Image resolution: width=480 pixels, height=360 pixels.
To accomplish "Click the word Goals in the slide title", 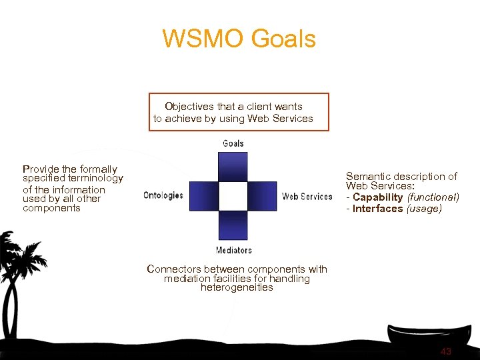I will point(284,39).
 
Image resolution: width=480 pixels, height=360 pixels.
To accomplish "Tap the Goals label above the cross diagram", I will point(233,143).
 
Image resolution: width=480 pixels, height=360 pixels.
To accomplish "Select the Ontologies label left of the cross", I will point(163,196).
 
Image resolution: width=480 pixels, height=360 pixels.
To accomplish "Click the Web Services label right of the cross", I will point(307,196).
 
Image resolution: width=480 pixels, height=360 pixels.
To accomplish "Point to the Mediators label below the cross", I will point(233,250).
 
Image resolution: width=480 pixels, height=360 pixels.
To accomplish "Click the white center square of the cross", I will point(233,196).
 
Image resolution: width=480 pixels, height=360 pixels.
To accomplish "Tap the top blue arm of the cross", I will point(233,167).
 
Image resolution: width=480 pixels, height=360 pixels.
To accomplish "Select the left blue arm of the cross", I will point(203,196).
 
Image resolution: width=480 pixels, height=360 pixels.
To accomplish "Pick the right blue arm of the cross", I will point(263,196).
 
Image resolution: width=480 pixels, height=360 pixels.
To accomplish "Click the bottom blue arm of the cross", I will point(233,225).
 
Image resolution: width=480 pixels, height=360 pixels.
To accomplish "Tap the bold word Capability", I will point(377,197).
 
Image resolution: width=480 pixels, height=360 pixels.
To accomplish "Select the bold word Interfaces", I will point(377,209).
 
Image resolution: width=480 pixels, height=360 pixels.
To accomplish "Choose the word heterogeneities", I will point(237,288).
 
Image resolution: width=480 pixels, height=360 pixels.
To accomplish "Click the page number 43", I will point(445,351).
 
